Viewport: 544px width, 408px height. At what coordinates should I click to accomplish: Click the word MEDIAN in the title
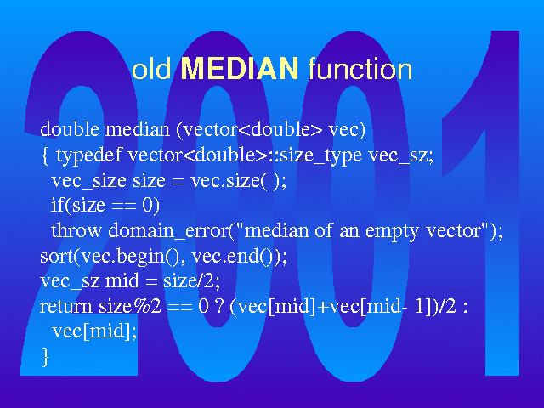240,68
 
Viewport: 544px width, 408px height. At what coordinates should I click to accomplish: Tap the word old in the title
151,69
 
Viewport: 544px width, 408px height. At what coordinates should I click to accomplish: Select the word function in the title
360,69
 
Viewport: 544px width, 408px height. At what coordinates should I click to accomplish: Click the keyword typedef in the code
88,155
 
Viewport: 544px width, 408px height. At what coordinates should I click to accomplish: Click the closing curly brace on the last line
45,357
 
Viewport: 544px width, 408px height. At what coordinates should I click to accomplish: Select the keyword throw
76,230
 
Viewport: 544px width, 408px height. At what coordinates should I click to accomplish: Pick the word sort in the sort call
56,257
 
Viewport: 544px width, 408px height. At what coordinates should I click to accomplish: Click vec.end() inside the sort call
233,257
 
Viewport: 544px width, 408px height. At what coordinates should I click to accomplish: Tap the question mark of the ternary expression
219,306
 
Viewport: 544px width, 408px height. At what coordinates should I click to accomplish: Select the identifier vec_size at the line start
88,181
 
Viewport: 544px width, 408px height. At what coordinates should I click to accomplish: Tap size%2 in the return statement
130,307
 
